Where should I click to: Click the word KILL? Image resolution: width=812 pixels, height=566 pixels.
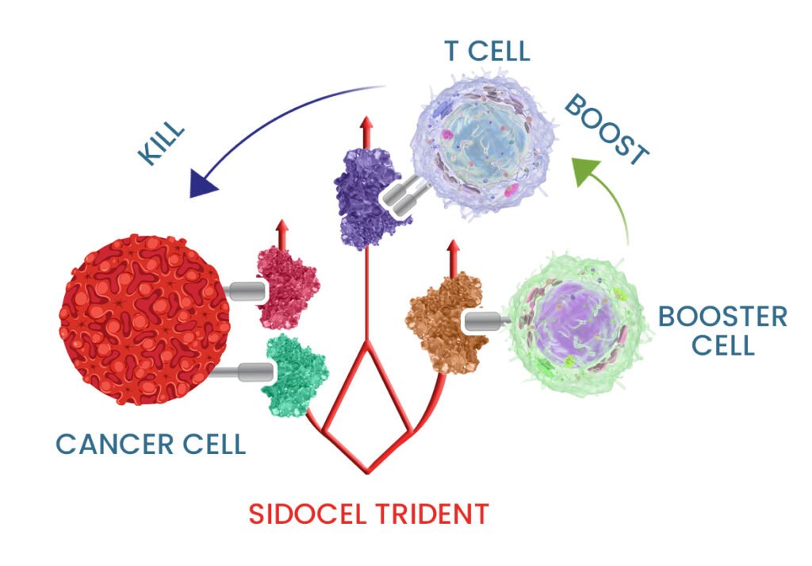tap(162, 143)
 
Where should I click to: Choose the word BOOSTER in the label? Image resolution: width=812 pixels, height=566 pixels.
tap(722, 318)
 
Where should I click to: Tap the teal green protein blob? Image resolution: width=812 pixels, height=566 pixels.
tap(297, 372)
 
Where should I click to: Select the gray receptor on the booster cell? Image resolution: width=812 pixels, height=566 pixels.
tap(487, 321)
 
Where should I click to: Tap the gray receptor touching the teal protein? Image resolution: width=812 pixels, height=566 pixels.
tap(243, 370)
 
